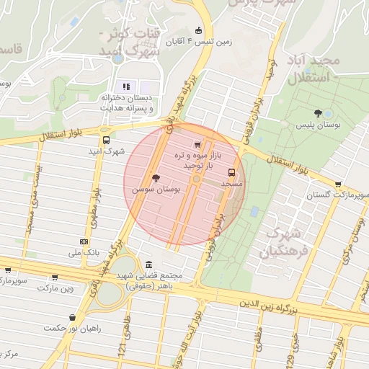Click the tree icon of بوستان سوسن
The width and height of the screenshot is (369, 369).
[x=156, y=177]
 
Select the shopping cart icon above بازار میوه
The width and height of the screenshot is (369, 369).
[x=199, y=145]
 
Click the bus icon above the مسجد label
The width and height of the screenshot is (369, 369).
[x=231, y=173]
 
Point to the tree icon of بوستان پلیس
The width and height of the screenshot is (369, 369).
[x=318, y=113]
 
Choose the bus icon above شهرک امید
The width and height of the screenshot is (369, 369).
[x=107, y=141]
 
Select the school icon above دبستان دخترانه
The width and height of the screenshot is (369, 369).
[x=127, y=86]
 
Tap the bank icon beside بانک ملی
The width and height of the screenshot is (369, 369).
[x=84, y=241]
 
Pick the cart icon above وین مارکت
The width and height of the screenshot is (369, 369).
[x=53, y=277]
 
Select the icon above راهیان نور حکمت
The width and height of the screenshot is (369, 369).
[x=71, y=317]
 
